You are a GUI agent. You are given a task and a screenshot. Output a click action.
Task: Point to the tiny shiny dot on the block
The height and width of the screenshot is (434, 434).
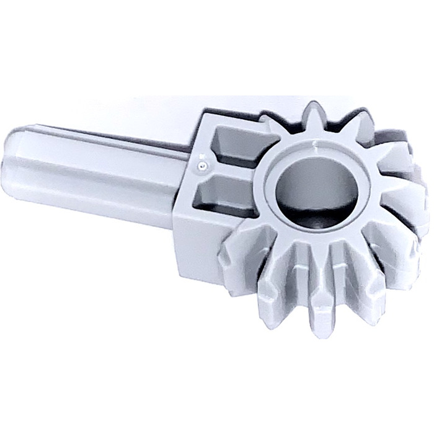pyautogui.click(x=200, y=167)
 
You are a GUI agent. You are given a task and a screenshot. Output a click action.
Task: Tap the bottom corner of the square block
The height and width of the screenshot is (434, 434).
pyautogui.click(x=186, y=276)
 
